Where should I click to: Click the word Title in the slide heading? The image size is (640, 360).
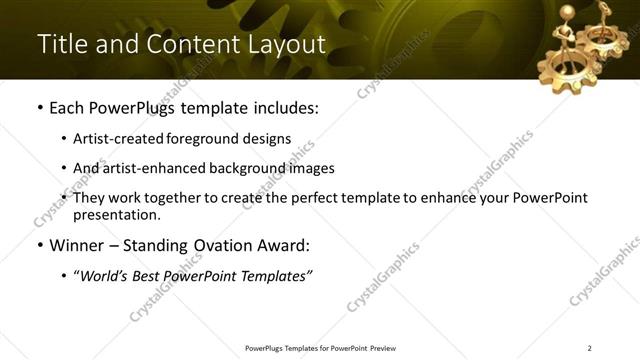tap(59, 44)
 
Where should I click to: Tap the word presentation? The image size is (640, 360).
tap(116, 215)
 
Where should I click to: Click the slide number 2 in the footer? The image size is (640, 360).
tap(590, 348)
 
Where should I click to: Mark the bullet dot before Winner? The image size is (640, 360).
tap(40, 245)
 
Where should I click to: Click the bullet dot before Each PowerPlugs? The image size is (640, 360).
tap(40, 107)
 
